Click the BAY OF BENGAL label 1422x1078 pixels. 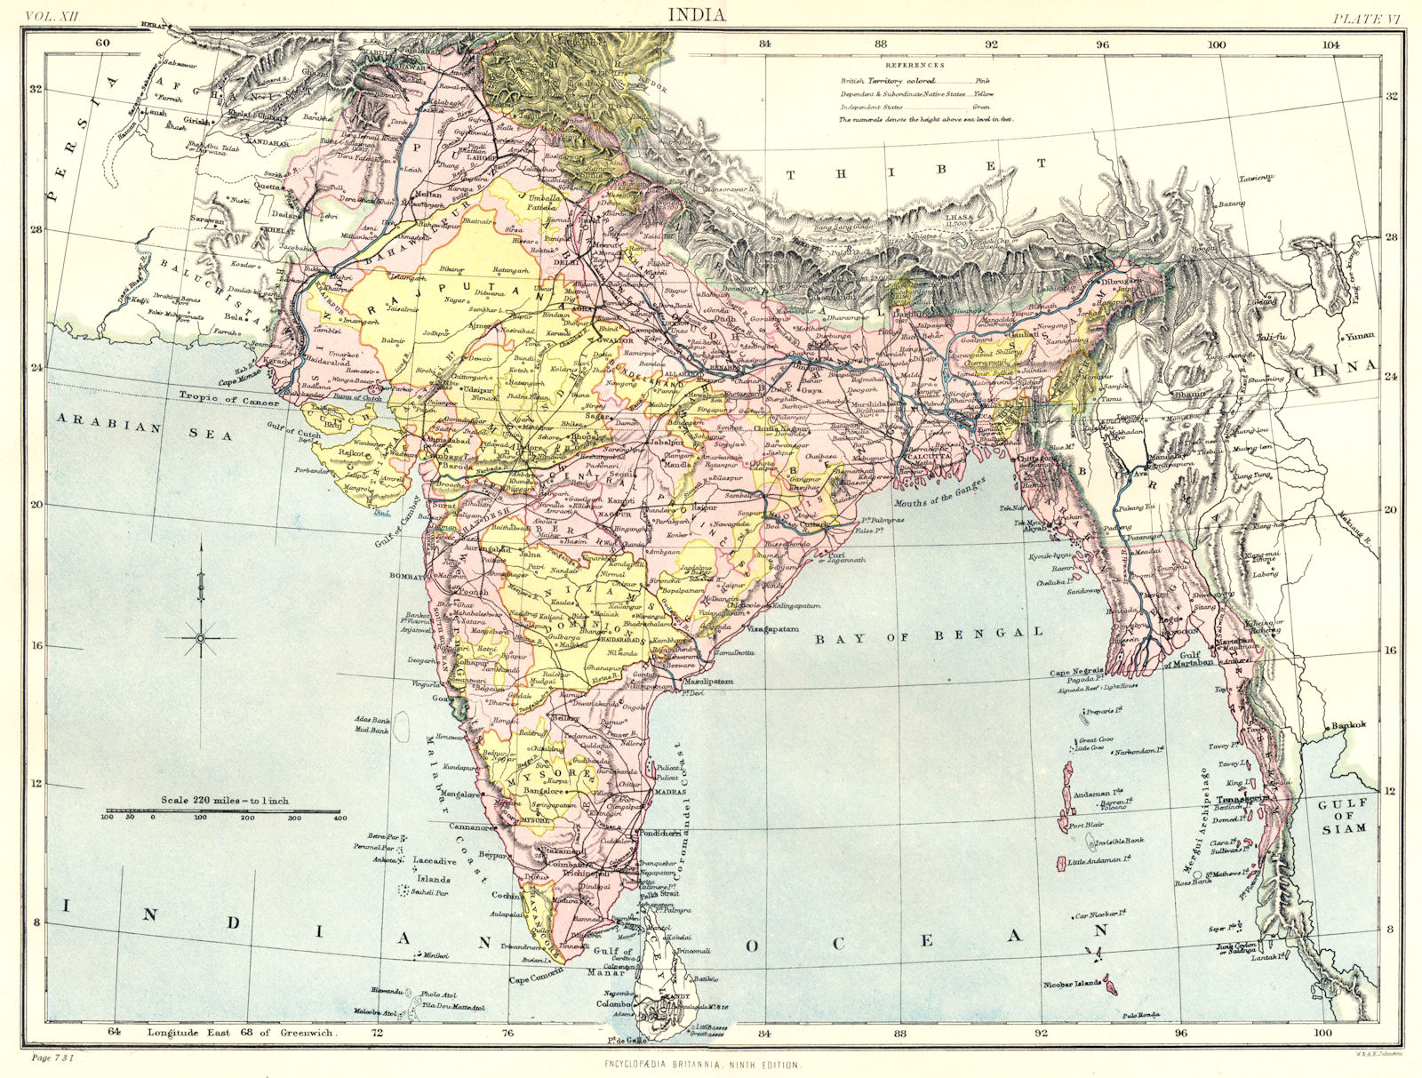point(930,634)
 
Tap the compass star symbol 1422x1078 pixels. point(201,638)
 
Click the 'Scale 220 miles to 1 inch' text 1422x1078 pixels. point(224,800)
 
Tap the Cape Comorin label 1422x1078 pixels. point(536,979)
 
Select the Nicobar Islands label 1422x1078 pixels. point(1074,984)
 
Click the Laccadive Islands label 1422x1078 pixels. point(435,868)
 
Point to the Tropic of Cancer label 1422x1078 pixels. point(229,400)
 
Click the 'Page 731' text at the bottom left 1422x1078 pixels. point(52,1058)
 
